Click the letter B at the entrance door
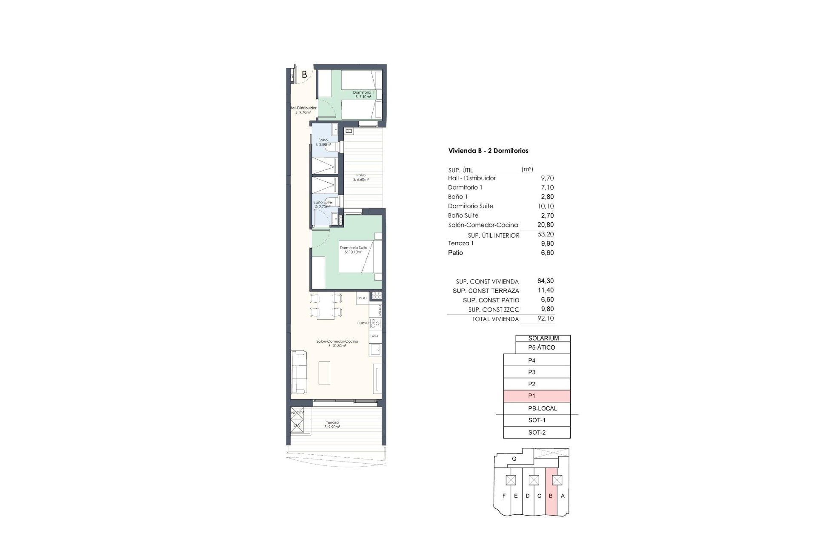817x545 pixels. pyautogui.click(x=304, y=75)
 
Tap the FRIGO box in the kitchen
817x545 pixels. pyautogui.click(x=362, y=298)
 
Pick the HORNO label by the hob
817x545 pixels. pyautogui.click(x=363, y=323)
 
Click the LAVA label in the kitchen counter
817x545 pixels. pyautogui.click(x=374, y=336)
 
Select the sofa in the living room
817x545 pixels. pyautogui.click(x=298, y=372)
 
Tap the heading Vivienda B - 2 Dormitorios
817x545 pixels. pyautogui.click(x=488, y=151)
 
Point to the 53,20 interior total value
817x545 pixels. pyautogui.click(x=546, y=234)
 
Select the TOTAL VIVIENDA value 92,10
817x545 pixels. pyautogui.click(x=546, y=318)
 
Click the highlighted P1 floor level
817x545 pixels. pyautogui.click(x=537, y=396)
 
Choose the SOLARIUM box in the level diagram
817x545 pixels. pyautogui.click(x=543, y=338)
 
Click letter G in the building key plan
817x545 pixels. pyautogui.click(x=514, y=459)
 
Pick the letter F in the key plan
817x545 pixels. pyautogui.click(x=504, y=496)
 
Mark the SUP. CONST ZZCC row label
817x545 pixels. pyautogui.click(x=493, y=310)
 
